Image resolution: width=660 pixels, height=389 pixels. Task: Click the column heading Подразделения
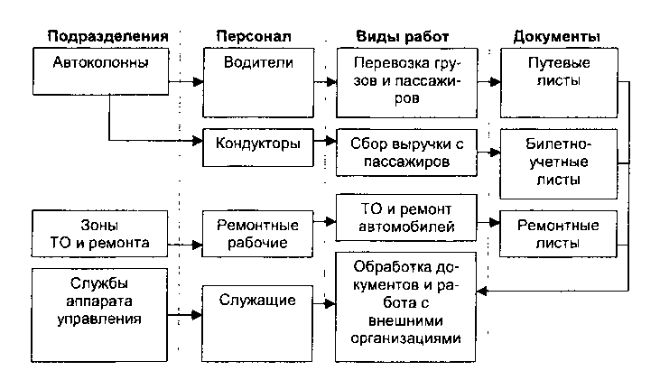click(109, 37)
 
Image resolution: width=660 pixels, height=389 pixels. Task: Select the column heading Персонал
click(253, 37)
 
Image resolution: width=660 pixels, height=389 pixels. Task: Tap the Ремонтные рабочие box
click(252, 233)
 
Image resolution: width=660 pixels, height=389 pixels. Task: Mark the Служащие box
click(252, 312)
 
